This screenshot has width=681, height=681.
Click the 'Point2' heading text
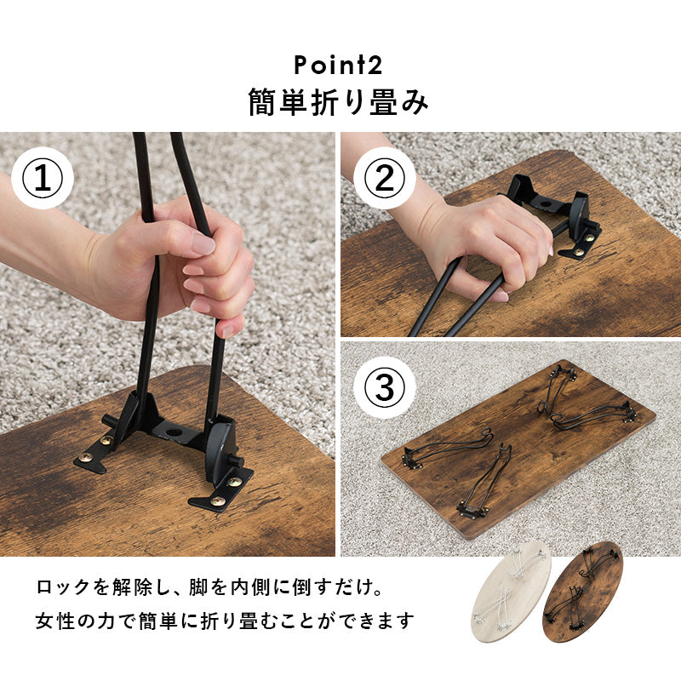point(338,66)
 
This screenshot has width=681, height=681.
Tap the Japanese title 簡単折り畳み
point(338,102)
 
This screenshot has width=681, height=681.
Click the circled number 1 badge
point(43,179)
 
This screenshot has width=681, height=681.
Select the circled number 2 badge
point(385,179)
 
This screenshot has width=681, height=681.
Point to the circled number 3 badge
point(385,387)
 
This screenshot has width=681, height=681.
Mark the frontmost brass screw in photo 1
point(218,501)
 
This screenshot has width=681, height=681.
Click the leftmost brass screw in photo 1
point(86,457)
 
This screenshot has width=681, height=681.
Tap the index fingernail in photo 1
point(203,243)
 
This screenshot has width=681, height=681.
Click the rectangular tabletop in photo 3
point(518,450)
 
